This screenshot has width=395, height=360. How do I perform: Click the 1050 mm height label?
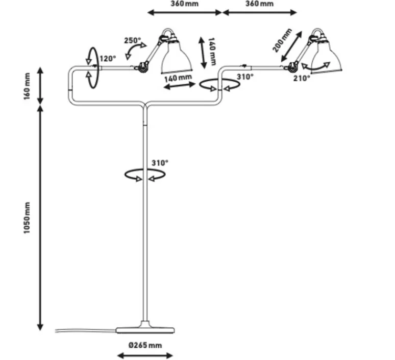28,218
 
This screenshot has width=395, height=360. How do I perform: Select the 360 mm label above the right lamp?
259,4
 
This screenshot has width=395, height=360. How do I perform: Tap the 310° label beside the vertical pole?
160,163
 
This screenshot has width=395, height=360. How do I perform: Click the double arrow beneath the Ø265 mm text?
145,355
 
